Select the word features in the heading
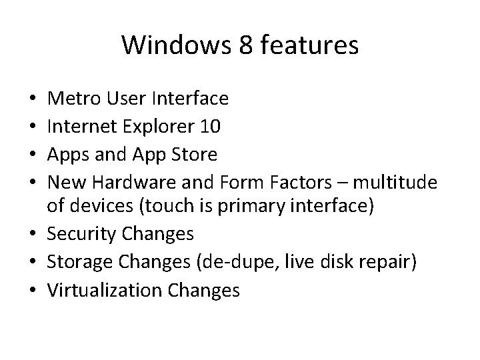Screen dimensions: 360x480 tap(303, 45)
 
